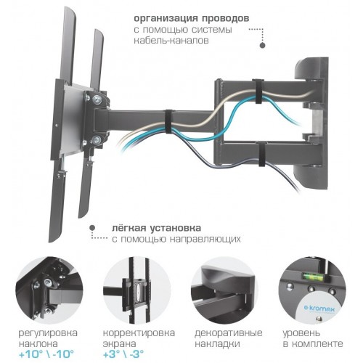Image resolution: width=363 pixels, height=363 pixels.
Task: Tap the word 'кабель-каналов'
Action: [171, 40]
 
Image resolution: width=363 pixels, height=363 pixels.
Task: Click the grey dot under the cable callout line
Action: [262, 46]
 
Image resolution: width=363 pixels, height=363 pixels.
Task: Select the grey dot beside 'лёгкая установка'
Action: [92, 228]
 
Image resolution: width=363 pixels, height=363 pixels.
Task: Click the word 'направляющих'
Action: [205, 239]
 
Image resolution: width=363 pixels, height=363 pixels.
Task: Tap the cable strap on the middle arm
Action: [168, 122]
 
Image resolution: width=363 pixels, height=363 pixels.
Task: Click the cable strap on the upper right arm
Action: [256, 91]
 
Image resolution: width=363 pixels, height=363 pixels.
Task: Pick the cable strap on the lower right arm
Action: [261, 155]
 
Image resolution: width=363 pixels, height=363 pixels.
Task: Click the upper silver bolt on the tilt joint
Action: [97, 99]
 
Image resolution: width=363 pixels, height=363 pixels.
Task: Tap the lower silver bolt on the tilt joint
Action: [97, 140]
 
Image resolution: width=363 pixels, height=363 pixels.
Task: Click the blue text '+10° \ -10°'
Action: [46, 354]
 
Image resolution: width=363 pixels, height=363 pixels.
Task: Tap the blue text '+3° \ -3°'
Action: [123, 354]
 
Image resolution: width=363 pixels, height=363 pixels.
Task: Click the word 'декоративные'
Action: [229, 333]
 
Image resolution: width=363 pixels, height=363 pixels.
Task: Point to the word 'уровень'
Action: [301, 333]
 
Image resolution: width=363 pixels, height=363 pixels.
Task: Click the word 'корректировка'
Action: [139, 333]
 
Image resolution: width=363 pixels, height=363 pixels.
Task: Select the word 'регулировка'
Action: [48, 333]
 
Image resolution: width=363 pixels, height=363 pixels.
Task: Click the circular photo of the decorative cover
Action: [224, 290]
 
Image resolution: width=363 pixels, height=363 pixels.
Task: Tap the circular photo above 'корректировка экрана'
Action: [137, 290]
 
